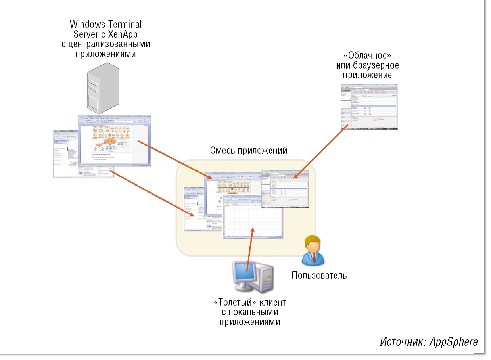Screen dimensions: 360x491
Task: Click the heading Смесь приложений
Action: [x=248, y=151]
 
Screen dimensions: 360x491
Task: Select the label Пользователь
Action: [x=319, y=275]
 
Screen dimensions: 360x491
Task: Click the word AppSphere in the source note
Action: [x=454, y=342]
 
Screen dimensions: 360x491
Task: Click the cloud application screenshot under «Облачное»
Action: [x=369, y=107]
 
